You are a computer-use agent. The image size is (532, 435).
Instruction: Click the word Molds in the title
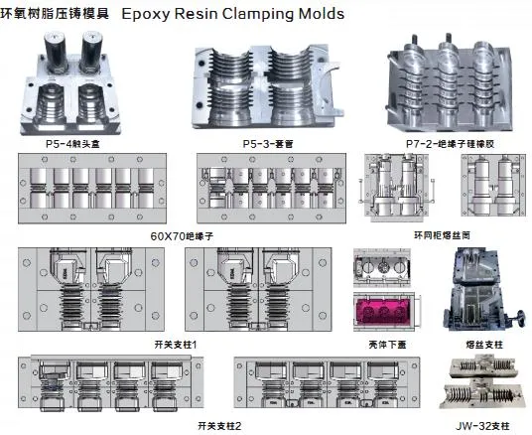coord(321,15)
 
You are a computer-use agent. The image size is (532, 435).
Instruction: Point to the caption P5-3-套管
coord(266,143)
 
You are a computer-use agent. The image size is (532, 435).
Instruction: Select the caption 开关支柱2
coord(219,425)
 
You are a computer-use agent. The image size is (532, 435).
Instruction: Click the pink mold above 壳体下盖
coord(381,315)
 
